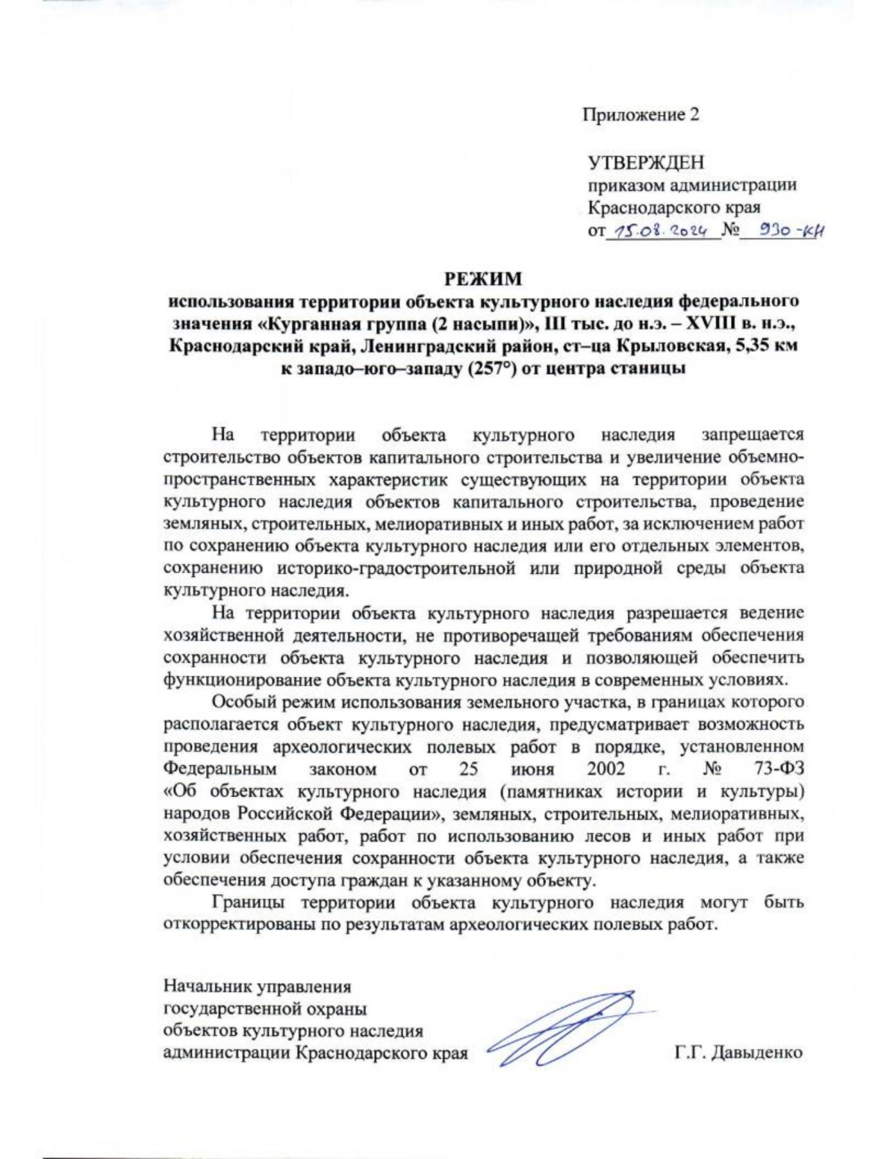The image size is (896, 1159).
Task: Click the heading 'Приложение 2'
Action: coord(640,115)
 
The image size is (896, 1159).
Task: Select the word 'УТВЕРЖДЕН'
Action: coord(645,162)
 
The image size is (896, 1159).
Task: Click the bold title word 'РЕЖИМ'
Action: coord(483,279)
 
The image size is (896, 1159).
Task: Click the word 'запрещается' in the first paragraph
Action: coord(753,435)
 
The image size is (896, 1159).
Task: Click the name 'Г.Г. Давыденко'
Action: coord(738,1053)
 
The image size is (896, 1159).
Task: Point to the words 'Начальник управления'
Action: coord(258,987)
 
